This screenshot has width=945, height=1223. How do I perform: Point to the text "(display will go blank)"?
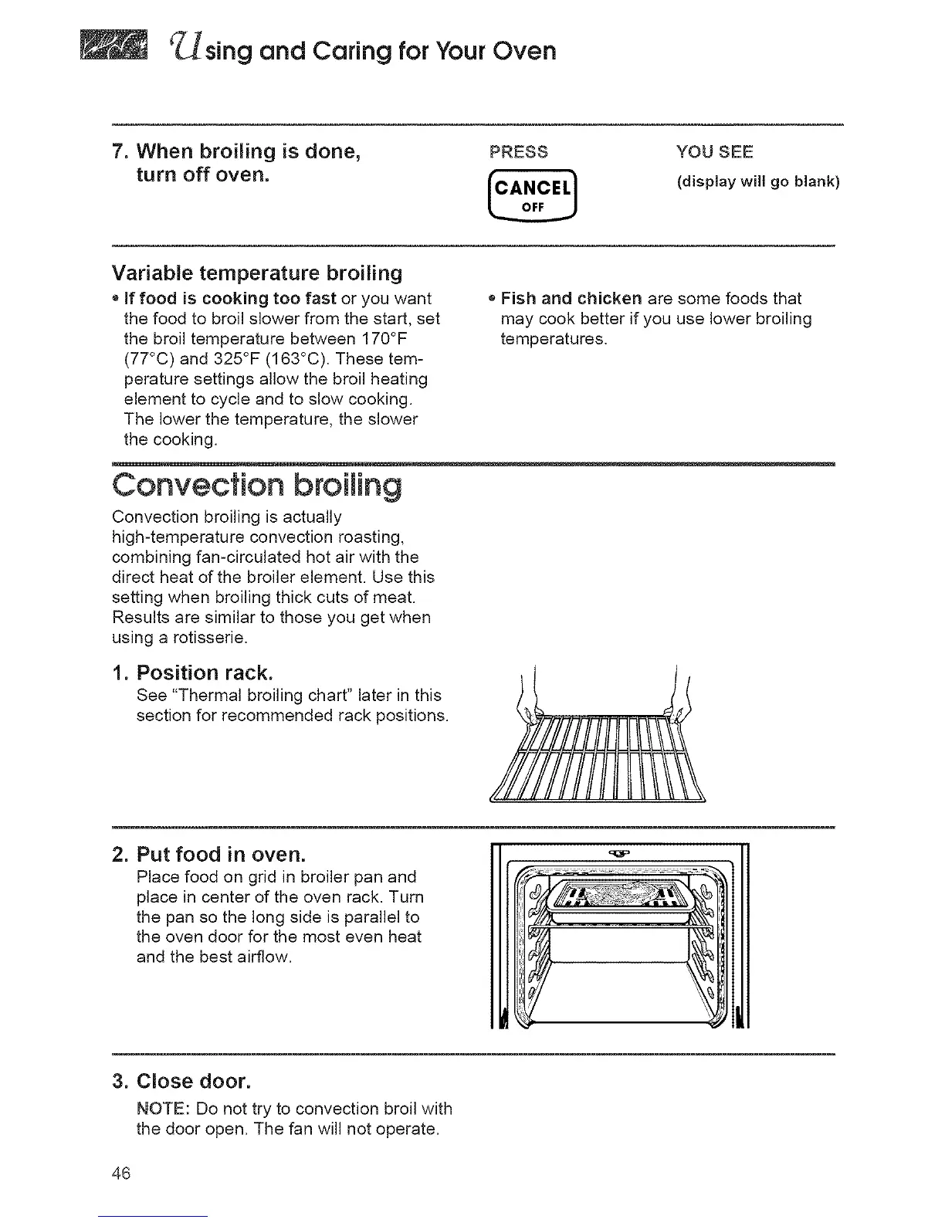click(x=757, y=182)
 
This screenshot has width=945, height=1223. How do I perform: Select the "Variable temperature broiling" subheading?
click(x=257, y=273)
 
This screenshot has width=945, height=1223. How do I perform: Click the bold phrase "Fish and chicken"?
click(x=571, y=299)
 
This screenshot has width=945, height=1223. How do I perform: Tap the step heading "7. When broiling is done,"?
click(x=238, y=151)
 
